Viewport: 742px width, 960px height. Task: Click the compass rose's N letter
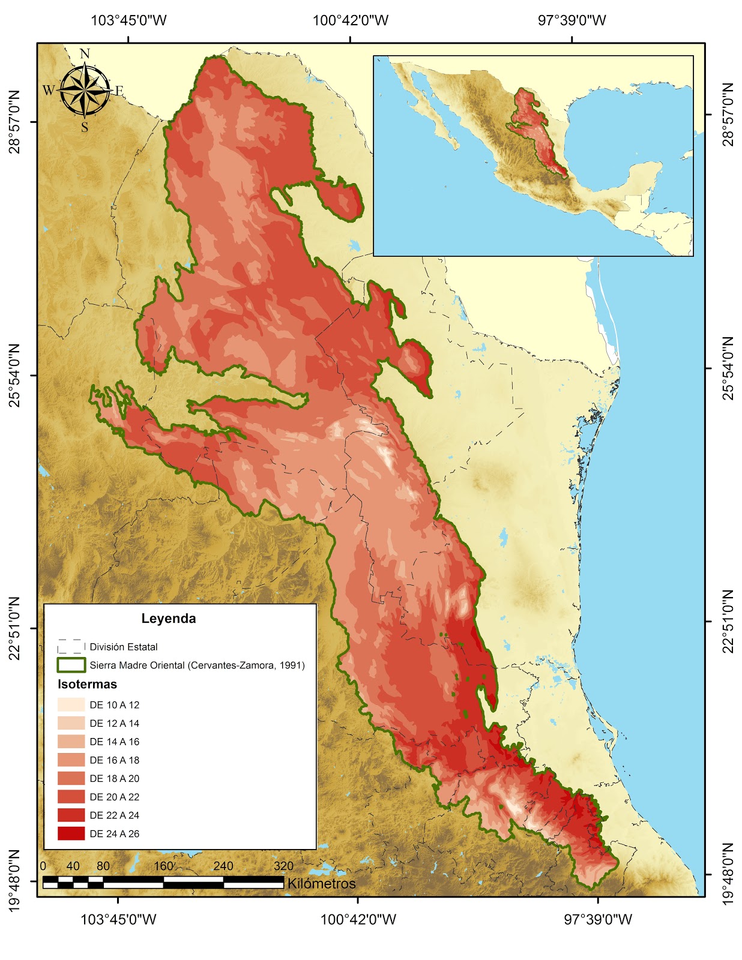pos(85,54)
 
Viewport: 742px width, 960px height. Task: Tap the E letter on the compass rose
pos(119,91)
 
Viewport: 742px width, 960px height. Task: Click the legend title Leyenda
pos(169,619)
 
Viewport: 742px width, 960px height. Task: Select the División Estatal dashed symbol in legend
pos(71,646)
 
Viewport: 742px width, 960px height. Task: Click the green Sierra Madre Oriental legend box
pos(71,665)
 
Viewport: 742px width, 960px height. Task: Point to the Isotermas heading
pos(88,684)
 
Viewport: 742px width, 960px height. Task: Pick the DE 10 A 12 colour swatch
pos(71,704)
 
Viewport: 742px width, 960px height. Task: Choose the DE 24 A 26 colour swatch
pos(71,833)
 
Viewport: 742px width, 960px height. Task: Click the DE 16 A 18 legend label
pos(114,760)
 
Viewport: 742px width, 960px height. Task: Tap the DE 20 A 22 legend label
pos(114,797)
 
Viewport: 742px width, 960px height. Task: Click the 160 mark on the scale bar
pos(163,866)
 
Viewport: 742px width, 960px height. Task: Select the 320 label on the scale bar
pos(283,866)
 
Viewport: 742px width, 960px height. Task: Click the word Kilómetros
pos(321,883)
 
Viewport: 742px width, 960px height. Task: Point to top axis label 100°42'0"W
pos(350,20)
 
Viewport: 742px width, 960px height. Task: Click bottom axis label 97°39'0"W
pos(598,919)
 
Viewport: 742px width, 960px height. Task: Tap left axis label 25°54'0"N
pos(14,375)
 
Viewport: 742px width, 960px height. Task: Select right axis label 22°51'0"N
pos(728,622)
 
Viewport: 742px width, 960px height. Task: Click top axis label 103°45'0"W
pos(128,20)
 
